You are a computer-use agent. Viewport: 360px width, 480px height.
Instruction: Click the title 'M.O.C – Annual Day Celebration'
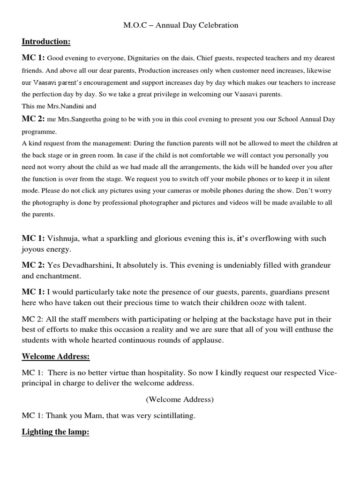tap(181, 25)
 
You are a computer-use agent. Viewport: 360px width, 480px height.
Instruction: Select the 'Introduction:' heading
tap(46, 42)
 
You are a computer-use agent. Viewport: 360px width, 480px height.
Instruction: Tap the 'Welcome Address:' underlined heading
tap(55, 357)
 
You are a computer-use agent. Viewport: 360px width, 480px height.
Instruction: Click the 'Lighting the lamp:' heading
tap(55, 432)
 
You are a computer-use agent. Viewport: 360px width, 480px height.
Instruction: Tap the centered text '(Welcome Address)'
tap(180, 399)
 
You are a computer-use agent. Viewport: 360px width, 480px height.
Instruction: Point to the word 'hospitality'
tap(142, 372)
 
